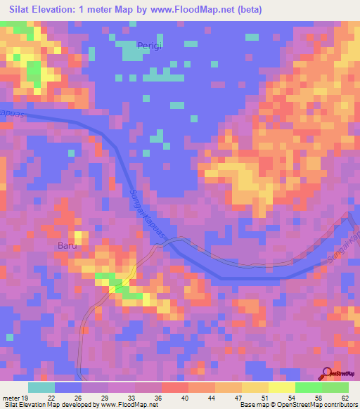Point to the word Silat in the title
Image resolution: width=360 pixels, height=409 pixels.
pyautogui.click(x=23, y=10)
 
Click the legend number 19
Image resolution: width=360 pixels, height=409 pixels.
pyautogui.click(x=26, y=398)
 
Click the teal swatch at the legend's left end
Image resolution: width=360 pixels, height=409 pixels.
pyautogui.click(x=41, y=387)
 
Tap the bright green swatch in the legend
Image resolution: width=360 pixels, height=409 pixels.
pyautogui.click(x=309, y=387)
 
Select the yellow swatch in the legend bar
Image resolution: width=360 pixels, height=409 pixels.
pyautogui.click(x=255, y=387)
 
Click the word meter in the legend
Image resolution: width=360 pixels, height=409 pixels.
pyautogui.click(x=11, y=398)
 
